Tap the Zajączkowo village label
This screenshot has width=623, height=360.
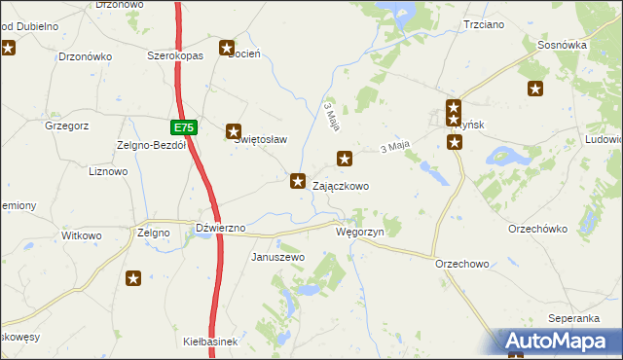pyautogui.click(x=340, y=186)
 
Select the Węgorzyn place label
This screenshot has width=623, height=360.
pyautogui.click(x=360, y=233)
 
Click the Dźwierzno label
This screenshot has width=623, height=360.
pyautogui.click(x=220, y=228)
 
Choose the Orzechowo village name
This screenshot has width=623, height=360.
pyautogui.click(x=461, y=264)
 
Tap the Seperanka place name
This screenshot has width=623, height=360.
pyautogui.click(x=572, y=319)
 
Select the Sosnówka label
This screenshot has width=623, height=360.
pyautogui.click(x=562, y=45)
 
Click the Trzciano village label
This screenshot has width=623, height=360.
pyautogui.click(x=484, y=23)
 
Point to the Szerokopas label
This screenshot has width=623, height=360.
pyautogui.click(x=174, y=56)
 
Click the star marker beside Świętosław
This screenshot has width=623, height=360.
pyautogui.click(x=234, y=130)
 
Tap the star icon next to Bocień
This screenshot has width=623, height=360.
pyautogui.click(x=227, y=48)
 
